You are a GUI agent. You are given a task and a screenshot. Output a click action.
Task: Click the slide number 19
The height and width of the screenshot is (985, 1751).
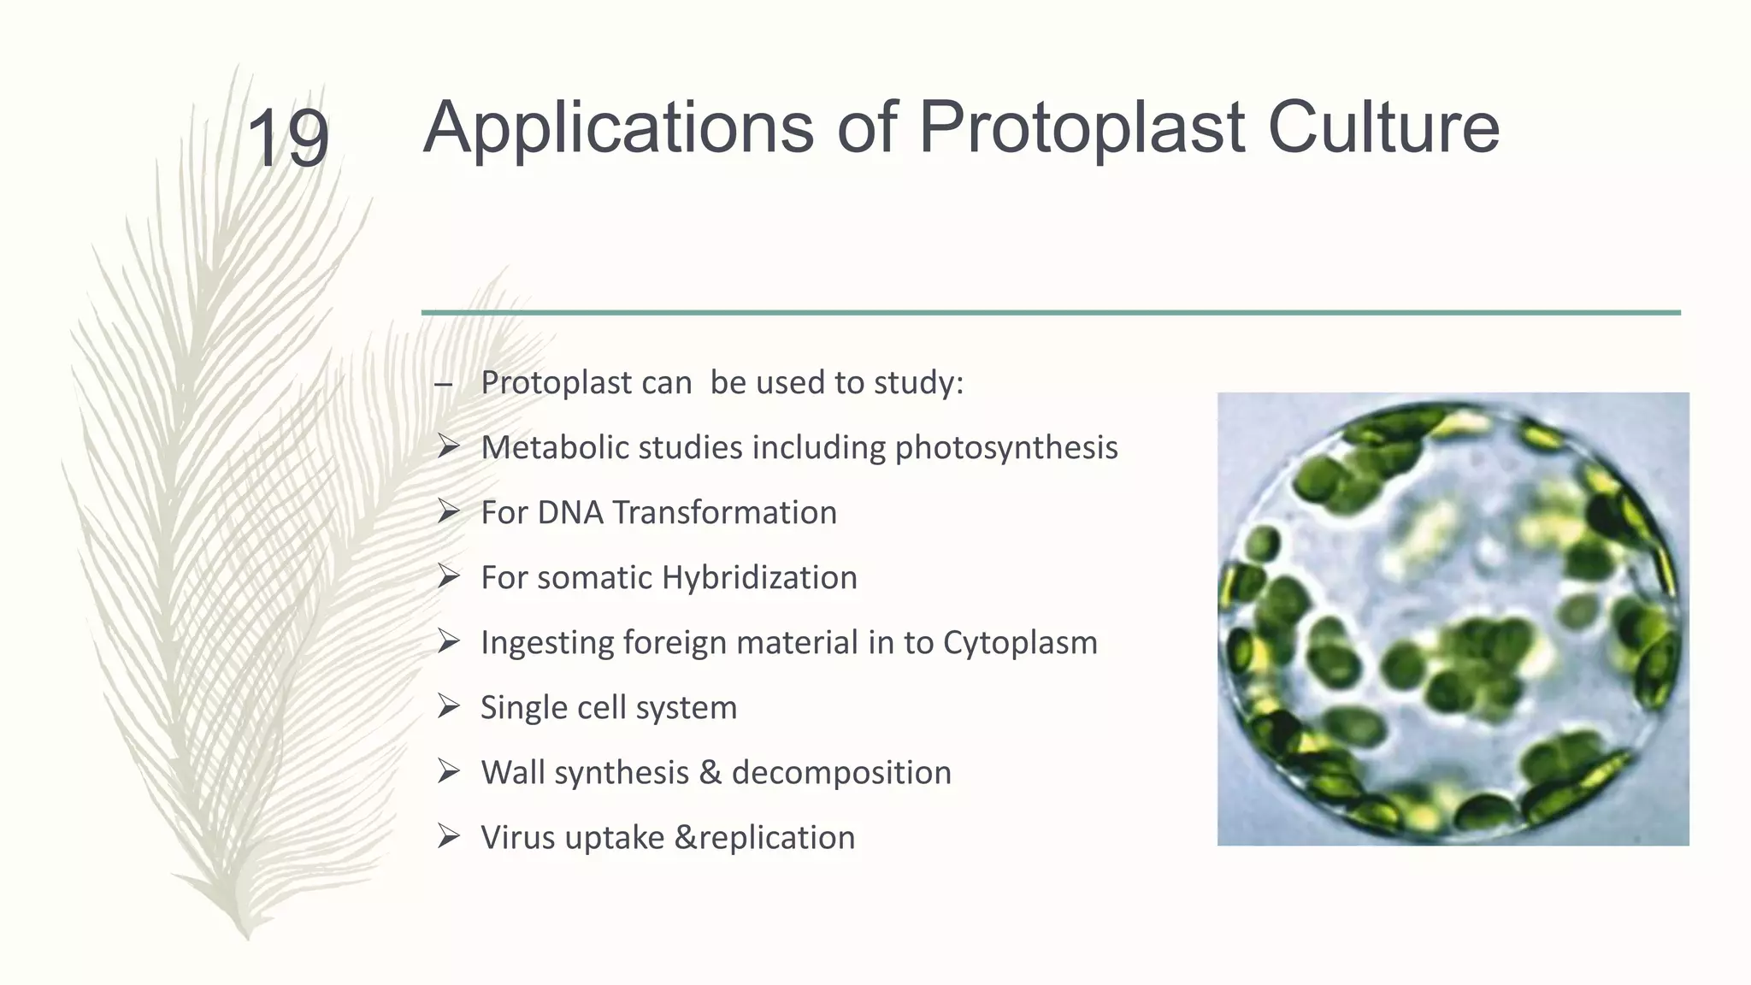(287, 139)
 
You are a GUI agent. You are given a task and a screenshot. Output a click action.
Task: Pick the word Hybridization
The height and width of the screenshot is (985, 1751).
(759, 578)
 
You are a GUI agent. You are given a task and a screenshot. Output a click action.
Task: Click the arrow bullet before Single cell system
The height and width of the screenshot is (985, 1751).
(448, 706)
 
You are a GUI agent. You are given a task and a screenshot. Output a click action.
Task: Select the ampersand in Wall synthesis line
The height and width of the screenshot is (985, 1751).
(710, 773)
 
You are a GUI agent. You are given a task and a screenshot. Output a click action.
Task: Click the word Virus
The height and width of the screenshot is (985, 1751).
(518, 838)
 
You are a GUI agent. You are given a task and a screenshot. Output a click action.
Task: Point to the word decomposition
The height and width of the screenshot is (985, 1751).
(841, 773)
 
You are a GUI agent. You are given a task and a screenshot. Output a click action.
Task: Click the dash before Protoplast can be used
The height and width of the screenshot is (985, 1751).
(443, 384)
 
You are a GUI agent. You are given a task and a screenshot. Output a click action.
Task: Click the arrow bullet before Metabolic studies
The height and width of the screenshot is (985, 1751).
(448, 446)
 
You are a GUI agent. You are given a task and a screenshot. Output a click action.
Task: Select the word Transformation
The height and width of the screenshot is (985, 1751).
(724, 513)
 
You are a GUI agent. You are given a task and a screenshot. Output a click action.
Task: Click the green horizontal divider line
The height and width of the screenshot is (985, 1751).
(1050, 313)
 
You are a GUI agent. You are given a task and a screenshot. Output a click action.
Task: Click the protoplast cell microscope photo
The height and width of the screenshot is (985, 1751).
(1452, 619)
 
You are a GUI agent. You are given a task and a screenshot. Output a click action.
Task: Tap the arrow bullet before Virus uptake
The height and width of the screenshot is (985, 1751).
(448, 836)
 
